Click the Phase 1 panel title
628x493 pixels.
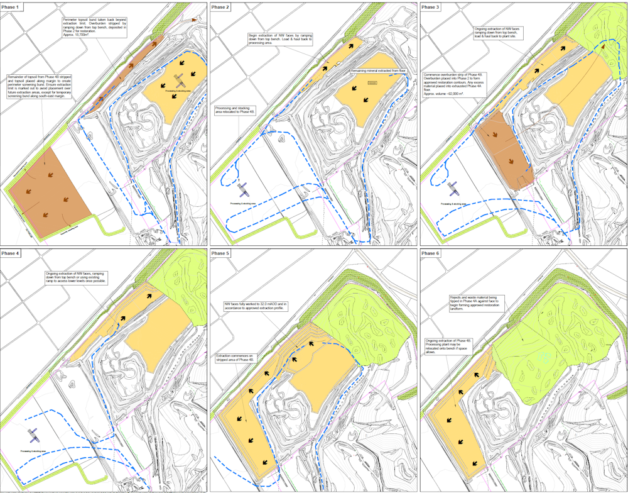pos(13,6)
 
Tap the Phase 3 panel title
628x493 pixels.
pos(431,6)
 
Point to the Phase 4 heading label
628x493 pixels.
pos(13,253)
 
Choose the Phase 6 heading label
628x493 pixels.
pos(431,253)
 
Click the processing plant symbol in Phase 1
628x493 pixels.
pos(180,81)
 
